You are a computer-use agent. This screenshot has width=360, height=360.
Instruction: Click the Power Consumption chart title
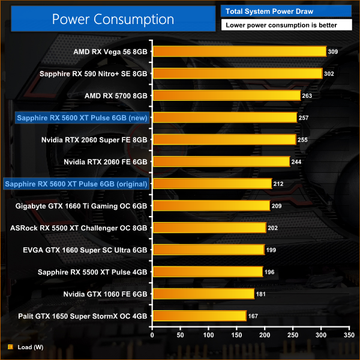(113, 19)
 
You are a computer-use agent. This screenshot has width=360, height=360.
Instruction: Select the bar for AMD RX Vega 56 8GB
(239, 52)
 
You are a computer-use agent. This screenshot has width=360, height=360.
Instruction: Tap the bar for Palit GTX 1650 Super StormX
(199, 316)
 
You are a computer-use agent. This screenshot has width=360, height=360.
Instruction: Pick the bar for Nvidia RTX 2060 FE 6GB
(221, 161)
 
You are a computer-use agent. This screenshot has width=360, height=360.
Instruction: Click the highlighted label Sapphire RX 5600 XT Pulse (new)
(82, 118)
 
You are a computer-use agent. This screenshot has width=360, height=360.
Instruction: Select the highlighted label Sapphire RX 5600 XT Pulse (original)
(76, 184)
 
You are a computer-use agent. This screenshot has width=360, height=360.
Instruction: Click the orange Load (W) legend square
(11, 346)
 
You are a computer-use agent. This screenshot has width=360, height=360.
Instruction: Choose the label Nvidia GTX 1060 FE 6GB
(106, 294)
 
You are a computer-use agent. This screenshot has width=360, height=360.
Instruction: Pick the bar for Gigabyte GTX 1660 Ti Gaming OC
(211, 206)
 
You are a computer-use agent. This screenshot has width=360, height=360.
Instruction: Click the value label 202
(274, 228)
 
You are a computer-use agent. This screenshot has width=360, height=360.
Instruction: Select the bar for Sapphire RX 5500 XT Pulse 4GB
(208, 272)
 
